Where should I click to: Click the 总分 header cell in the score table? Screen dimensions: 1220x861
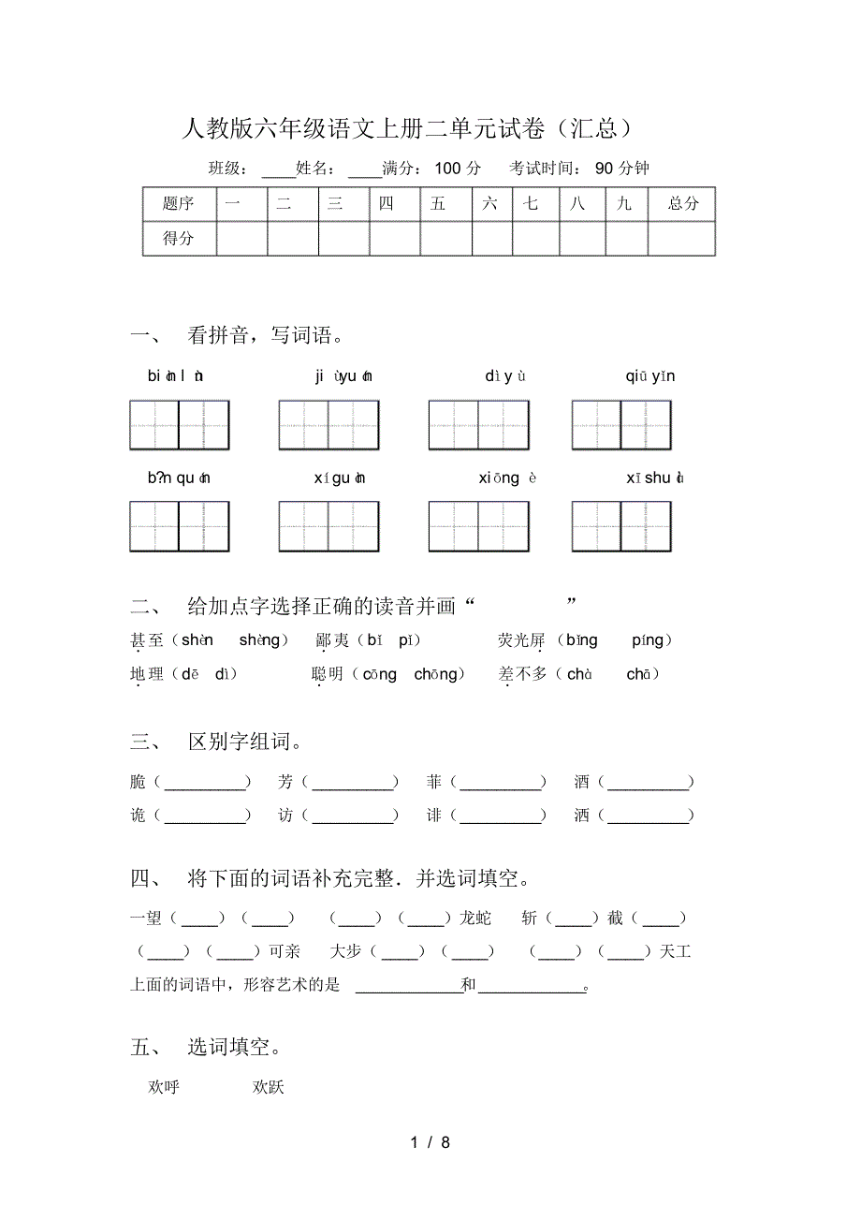682,203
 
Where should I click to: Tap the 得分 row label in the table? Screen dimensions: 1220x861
179,238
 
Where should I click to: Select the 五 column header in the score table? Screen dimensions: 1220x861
438,203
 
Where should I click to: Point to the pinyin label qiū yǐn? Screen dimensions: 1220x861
650,376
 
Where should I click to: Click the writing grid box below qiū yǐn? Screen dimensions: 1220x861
621,425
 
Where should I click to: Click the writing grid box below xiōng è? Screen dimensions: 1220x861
478,526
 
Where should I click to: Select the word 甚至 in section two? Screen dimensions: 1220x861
147,640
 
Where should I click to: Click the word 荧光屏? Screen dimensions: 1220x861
521,640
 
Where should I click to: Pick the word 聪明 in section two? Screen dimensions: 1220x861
328,674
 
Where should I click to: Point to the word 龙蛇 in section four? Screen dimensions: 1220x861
475,919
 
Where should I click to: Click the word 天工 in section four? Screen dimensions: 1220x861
674,952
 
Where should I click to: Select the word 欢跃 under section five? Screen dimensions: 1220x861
268,1087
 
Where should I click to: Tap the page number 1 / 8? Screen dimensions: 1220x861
430,1142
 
